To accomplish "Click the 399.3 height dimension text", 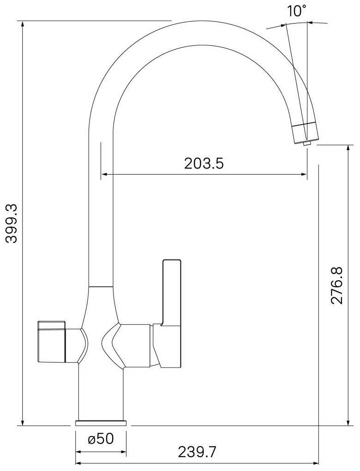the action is point(13,223).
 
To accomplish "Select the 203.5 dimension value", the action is point(204,164).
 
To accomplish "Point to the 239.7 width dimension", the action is point(197,452).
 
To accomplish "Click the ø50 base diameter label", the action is point(101,439).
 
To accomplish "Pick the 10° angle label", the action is point(297,11).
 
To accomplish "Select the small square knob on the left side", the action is point(51,342).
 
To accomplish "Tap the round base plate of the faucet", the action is point(101,423).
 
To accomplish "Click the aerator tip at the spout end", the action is point(307,144).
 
